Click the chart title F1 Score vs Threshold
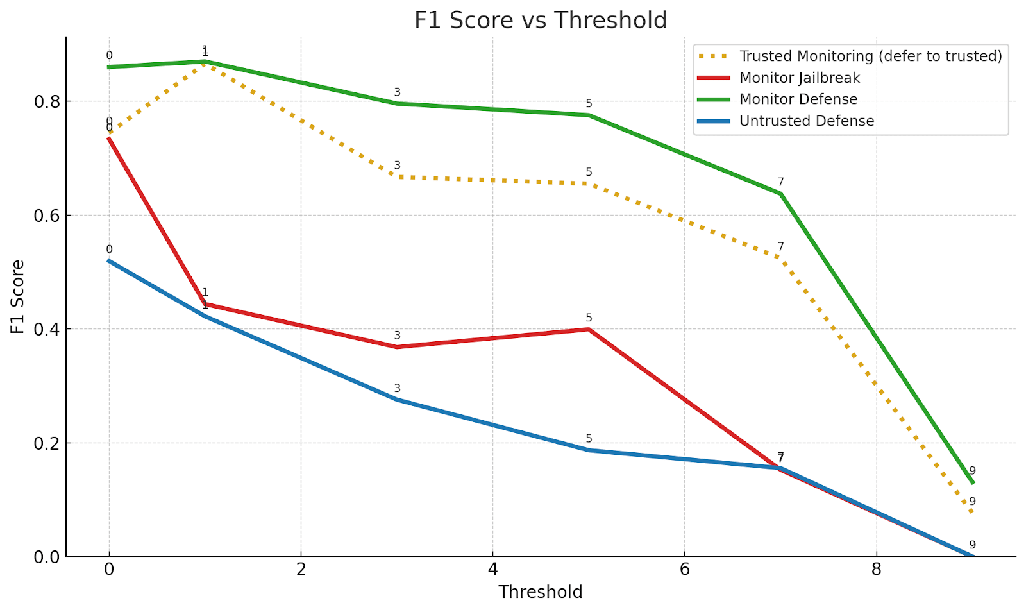[x=541, y=21]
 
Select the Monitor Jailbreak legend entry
[x=799, y=78]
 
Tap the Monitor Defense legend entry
[x=798, y=99]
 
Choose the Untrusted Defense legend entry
[x=806, y=121]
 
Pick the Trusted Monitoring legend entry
[x=870, y=56]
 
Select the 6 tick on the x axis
[x=684, y=570]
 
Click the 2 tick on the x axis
[x=301, y=570]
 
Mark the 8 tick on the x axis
[x=876, y=570]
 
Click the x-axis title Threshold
[x=541, y=592]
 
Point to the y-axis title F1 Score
[x=18, y=296]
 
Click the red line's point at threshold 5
[x=589, y=329]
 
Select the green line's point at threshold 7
[x=780, y=193]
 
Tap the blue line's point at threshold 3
[x=397, y=399]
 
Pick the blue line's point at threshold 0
[x=109, y=260]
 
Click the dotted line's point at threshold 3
[x=397, y=176]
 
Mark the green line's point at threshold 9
[x=973, y=482]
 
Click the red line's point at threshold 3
[x=397, y=347]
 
